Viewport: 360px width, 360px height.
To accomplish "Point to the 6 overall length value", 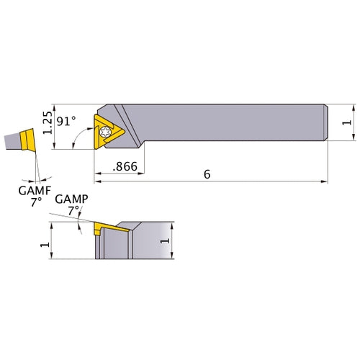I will tap(207, 174).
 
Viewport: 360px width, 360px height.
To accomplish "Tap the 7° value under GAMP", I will tap(72, 211).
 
